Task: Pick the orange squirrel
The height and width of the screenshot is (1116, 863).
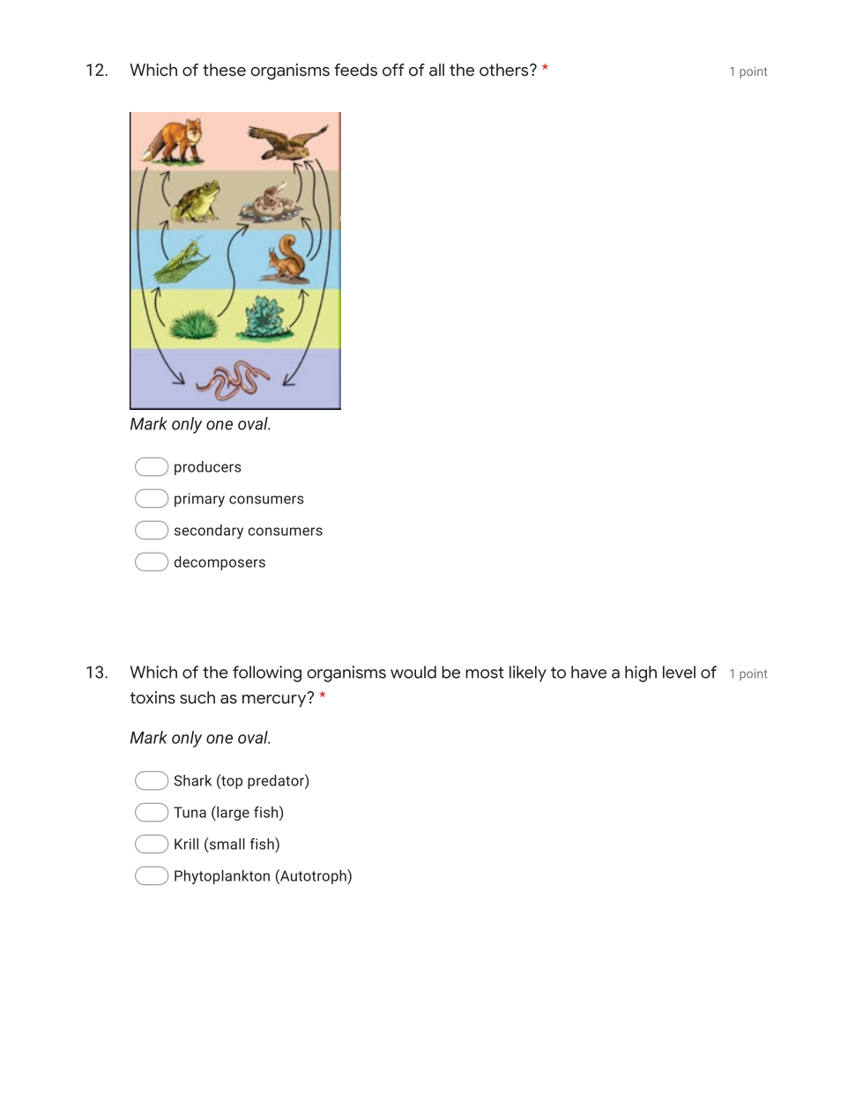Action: pyautogui.click(x=287, y=258)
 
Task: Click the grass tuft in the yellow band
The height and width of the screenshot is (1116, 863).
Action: pyautogui.click(x=194, y=324)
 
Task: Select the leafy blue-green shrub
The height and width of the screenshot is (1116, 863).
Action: pyautogui.click(x=265, y=318)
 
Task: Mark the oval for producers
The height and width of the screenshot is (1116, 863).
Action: pyautogui.click(x=152, y=466)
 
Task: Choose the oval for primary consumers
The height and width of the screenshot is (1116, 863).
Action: pyautogui.click(x=152, y=499)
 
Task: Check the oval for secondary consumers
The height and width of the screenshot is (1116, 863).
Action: pyautogui.click(x=152, y=531)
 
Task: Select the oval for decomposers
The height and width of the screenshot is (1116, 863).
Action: pyautogui.click(x=152, y=562)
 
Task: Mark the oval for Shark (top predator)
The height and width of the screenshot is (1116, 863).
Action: pyautogui.click(x=152, y=781)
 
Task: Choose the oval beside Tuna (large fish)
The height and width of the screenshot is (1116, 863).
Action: pyautogui.click(x=152, y=813)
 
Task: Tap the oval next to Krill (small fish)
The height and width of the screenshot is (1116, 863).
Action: pyautogui.click(x=152, y=844)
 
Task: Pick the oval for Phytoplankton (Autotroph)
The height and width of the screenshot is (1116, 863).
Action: pyautogui.click(x=152, y=876)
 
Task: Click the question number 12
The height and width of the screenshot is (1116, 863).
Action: pyautogui.click(x=97, y=71)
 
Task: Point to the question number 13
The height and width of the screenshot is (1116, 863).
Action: pyautogui.click(x=97, y=673)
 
